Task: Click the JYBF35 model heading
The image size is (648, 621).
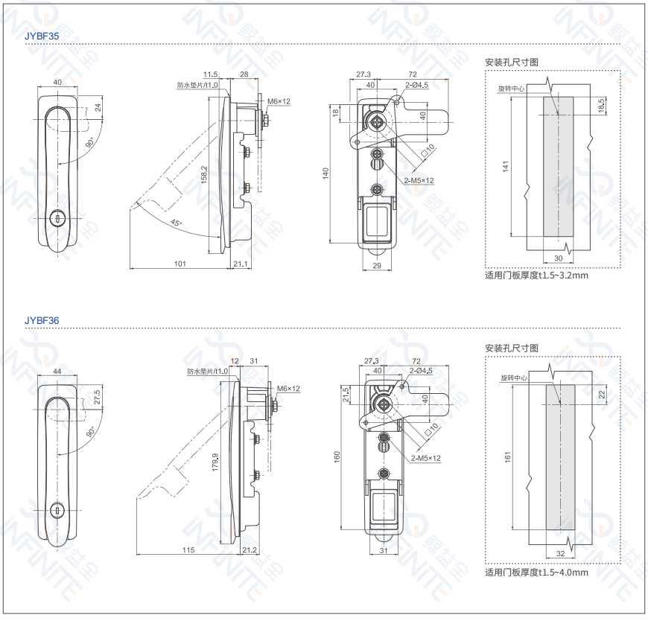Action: click(x=41, y=35)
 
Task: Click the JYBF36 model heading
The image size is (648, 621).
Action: click(x=41, y=320)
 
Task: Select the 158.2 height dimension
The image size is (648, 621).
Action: click(x=204, y=176)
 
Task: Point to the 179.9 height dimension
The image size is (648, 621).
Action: click(x=215, y=465)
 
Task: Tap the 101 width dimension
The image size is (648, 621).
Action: click(x=180, y=264)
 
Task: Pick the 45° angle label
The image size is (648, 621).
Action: click(x=175, y=222)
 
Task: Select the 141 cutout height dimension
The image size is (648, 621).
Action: click(x=505, y=168)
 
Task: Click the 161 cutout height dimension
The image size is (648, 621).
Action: click(x=507, y=456)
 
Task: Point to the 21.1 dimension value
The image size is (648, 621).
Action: click(x=240, y=264)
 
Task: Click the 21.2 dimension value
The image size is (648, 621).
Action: click(x=250, y=550)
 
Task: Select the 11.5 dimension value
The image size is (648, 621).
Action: click(x=210, y=74)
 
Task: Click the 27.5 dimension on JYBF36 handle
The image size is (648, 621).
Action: click(x=96, y=397)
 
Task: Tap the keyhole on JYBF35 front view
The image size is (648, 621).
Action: click(x=57, y=217)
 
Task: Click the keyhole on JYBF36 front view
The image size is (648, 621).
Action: click(x=57, y=512)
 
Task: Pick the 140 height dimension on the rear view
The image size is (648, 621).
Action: click(x=325, y=173)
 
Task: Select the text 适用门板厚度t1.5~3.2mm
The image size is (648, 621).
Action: click(x=536, y=276)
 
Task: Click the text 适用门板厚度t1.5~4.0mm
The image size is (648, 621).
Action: click(x=536, y=572)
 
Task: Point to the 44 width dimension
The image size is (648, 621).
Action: click(x=57, y=371)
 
